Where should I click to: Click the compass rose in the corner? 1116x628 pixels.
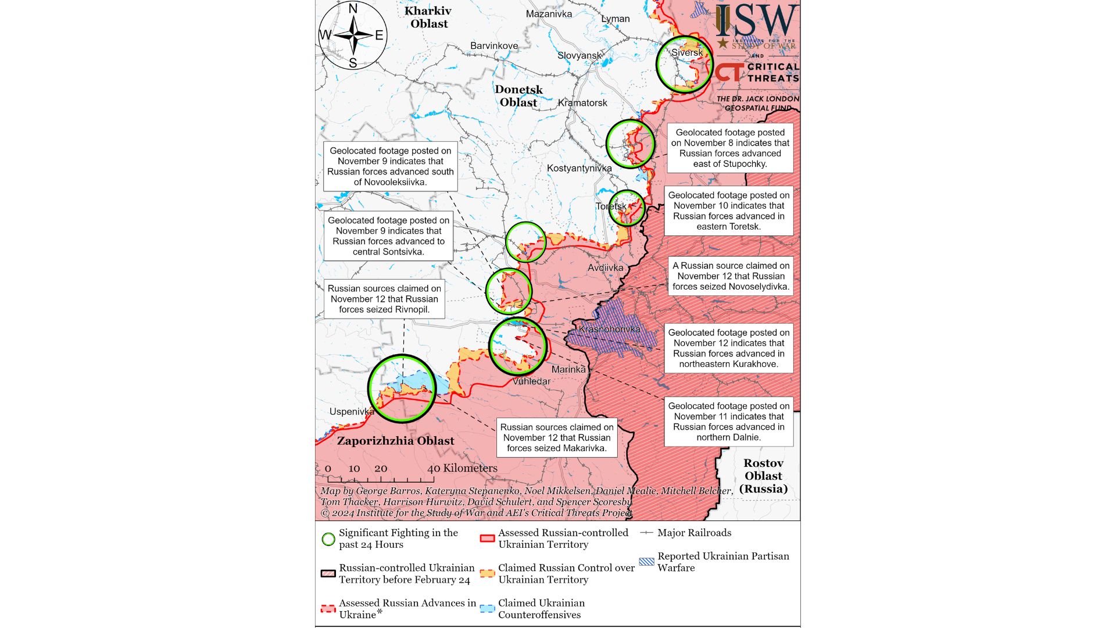click(352, 35)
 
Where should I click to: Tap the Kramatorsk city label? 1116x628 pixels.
click(582, 103)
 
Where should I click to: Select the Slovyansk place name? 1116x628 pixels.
click(580, 55)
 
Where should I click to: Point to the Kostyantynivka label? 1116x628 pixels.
click(579, 168)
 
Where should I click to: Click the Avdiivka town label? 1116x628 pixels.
click(605, 267)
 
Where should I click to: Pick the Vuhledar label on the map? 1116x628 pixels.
click(531, 381)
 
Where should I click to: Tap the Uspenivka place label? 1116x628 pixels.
click(352, 412)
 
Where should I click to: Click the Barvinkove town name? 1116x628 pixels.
click(494, 45)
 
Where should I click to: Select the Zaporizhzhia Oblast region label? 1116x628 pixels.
click(395, 441)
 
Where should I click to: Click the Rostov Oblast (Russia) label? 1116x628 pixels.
click(763, 476)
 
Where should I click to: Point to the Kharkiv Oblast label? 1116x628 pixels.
click(428, 17)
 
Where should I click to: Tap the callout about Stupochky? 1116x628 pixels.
click(730, 148)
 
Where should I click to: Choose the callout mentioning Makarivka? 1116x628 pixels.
click(556, 437)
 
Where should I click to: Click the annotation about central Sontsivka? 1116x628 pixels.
click(388, 236)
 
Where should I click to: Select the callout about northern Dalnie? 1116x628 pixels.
click(728, 422)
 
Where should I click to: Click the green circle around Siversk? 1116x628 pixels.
click(684, 65)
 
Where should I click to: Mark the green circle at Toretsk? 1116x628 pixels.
click(627, 208)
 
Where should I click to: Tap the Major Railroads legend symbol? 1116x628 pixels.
click(646, 533)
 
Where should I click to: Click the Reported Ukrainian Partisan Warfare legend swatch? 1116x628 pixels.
click(646, 562)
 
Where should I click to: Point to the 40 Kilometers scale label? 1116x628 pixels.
click(462, 468)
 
